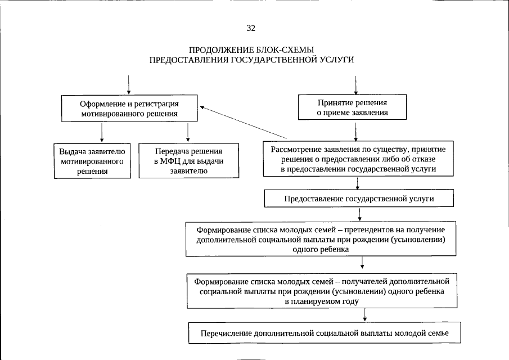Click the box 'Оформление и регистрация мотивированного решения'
click(129, 108)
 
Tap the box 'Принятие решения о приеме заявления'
click(352, 108)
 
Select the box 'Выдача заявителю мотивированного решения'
click(93, 161)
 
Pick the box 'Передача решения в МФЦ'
click(188, 161)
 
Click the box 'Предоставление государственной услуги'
click(359, 199)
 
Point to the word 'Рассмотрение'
click(296, 150)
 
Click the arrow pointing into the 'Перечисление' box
click(365, 316)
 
